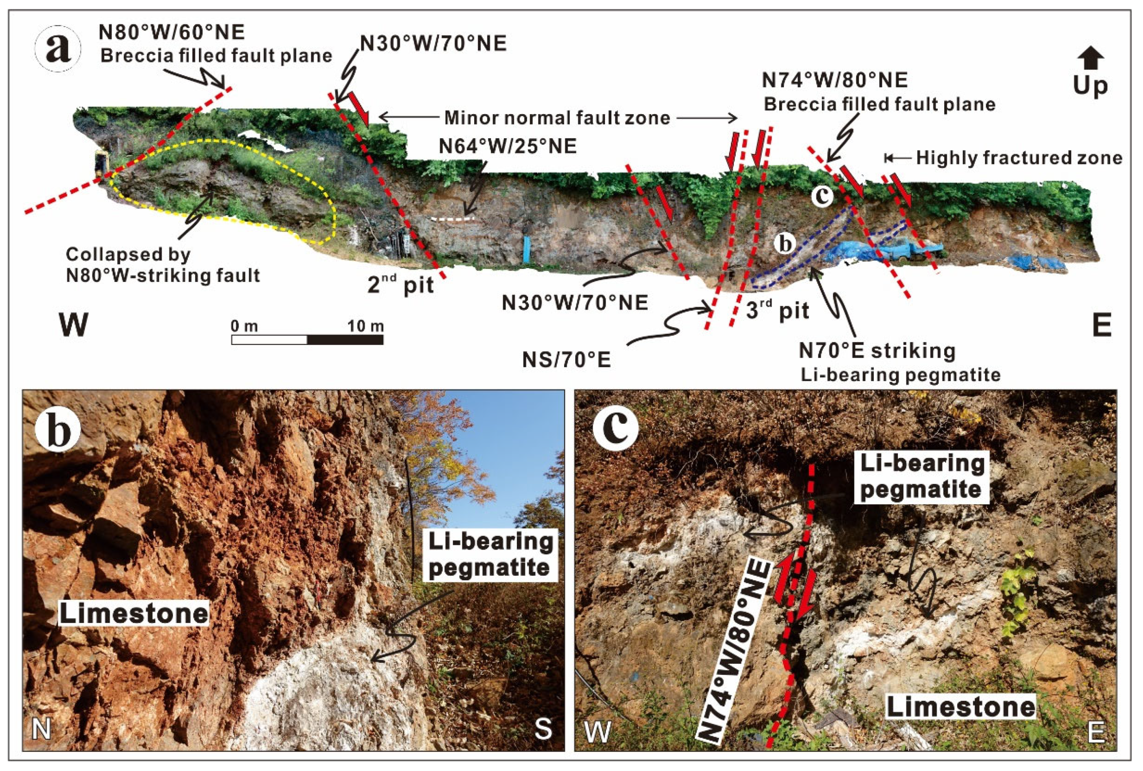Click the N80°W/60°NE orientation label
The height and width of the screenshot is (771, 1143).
pyautogui.click(x=172, y=33)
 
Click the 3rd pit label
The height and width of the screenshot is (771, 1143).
pyautogui.click(x=777, y=311)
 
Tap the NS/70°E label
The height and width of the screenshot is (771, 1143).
pyautogui.click(x=566, y=360)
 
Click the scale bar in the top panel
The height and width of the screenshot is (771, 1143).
pyautogui.click(x=307, y=339)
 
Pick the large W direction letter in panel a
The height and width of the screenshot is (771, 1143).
pyautogui.click(x=74, y=324)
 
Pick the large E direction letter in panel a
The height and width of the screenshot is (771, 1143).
pyautogui.click(x=1101, y=324)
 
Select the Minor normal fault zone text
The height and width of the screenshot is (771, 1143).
pyautogui.click(x=557, y=118)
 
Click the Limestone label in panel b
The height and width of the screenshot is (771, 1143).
pyautogui.click(x=134, y=614)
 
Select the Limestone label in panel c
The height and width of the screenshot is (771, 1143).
pyautogui.click(x=960, y=707)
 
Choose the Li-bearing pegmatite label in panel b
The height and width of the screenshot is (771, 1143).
pyautogui.click(x=490, y=555)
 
